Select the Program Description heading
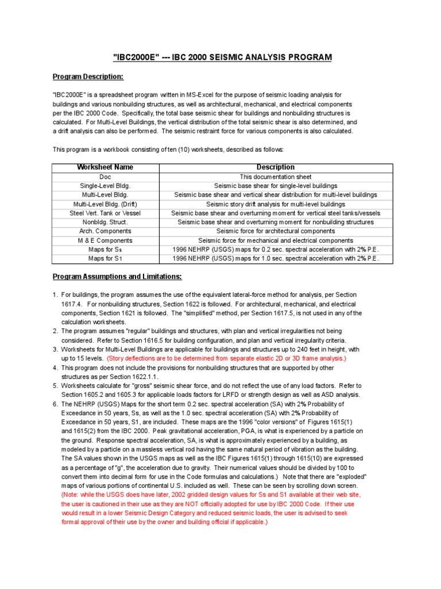click(x=88, y=77)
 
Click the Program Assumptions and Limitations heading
click(x=117, y=277)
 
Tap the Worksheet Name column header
click(x=105, y=167)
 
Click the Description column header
click(x=275, y=167)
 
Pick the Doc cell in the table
click(x=105, y=177)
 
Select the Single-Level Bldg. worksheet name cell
click(x=105, y=186)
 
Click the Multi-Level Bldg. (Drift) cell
click(x=105, y=204)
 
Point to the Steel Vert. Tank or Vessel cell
click(x=105, y=213)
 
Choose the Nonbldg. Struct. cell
click(x=105, y=222)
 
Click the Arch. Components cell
click(x=105, y=231)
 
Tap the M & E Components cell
click(x=105, y=240)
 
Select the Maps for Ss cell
click(x=105, y=250)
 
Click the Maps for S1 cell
click(x=105, y=259)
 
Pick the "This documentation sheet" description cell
click(x=275, y=177)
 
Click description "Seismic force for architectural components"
click(x=275, y=231)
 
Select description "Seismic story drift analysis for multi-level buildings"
click(x=275, y=204)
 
